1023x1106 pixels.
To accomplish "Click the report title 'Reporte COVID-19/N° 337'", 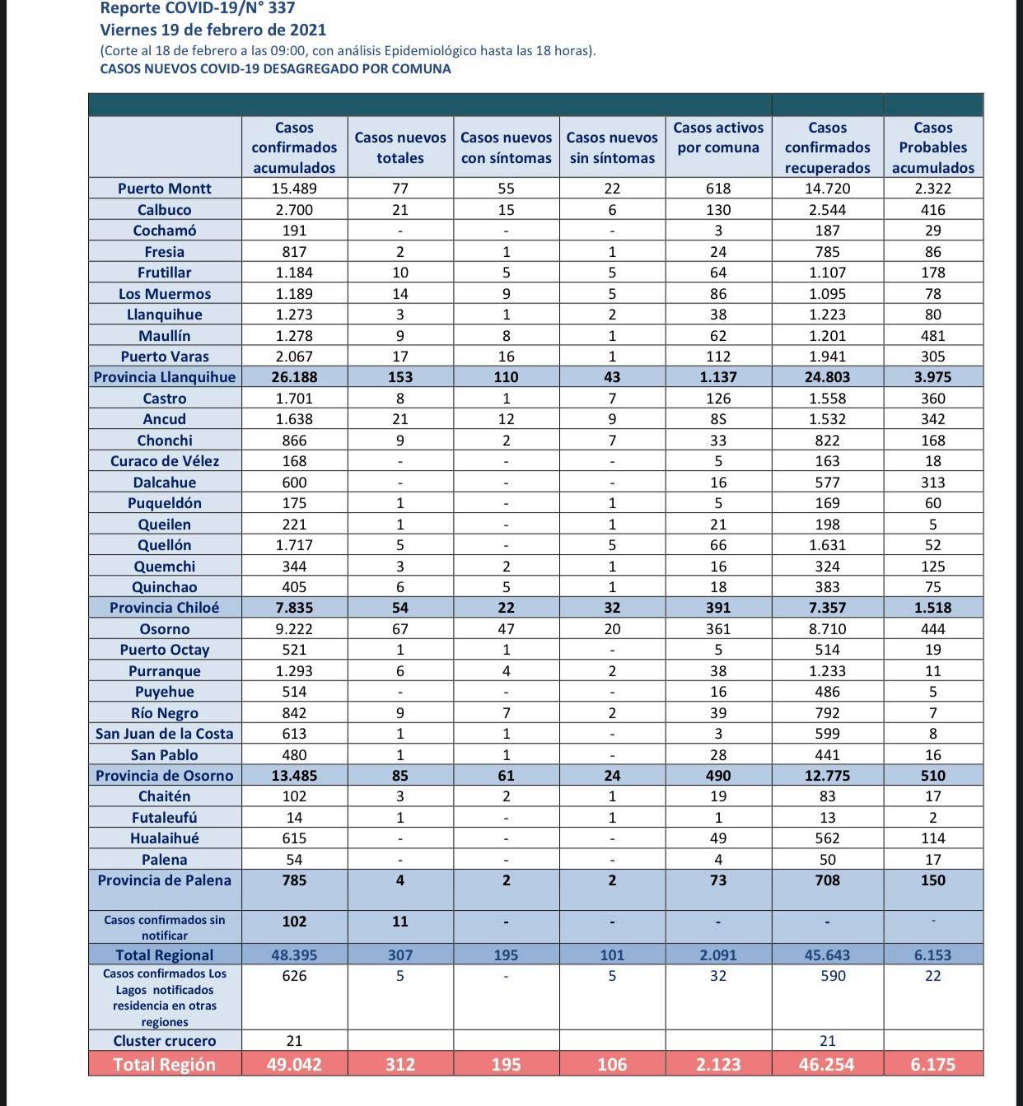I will [198, 9].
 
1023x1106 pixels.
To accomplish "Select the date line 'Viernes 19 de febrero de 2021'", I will [213, 30].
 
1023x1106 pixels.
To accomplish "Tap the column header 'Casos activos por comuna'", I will [718, 138].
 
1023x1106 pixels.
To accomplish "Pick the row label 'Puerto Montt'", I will [165, 189].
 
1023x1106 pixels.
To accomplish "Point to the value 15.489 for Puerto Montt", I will [294, 189].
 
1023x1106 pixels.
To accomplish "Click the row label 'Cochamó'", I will [165, 231].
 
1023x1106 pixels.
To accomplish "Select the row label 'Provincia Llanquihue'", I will [165, 377].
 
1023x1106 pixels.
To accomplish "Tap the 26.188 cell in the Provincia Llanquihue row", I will [294, 377].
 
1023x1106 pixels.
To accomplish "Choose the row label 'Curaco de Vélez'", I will [165, 461].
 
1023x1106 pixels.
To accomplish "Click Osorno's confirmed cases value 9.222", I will [294, 629].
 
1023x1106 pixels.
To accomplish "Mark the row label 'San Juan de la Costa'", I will [165, 734].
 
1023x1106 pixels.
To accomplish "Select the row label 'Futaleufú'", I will [165, 818].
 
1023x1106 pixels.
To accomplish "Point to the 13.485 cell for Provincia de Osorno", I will [294, 776].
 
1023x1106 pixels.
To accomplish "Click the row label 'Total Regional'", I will [165, 955].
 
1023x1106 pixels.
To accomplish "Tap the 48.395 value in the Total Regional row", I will [294, 955].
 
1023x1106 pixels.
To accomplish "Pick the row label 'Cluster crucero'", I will [165, 1041].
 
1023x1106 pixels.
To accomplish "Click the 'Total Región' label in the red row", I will [165, 1064].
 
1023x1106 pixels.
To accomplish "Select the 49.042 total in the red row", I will [294, 1064].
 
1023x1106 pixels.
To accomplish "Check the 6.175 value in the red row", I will [932, 1064].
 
